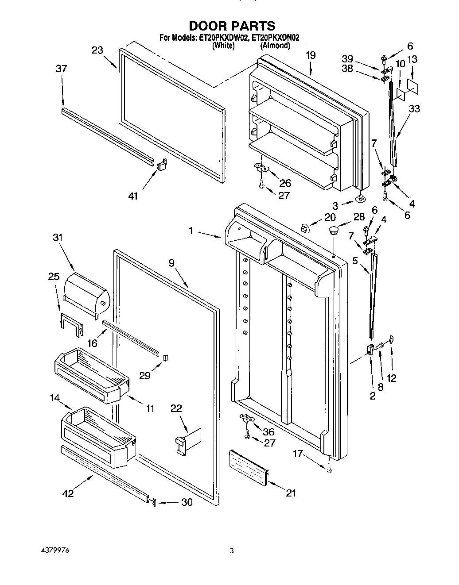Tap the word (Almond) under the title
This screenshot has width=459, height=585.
(x=275, y=46)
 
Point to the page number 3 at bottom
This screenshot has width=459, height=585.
(x=232, y=551)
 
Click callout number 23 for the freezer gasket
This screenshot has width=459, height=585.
(x=97, y=50)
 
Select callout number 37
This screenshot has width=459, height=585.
(x=61, y=69)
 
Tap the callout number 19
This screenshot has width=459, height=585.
(x=311, y=55)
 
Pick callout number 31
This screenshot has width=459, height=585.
(x=58, y=237)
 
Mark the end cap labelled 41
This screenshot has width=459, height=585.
(x=161, y=164)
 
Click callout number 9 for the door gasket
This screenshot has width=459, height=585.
(x=171, y=263)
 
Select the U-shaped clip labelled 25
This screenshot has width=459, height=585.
(x=71, y=323)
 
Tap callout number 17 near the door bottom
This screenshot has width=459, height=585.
(x=297, y=453)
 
